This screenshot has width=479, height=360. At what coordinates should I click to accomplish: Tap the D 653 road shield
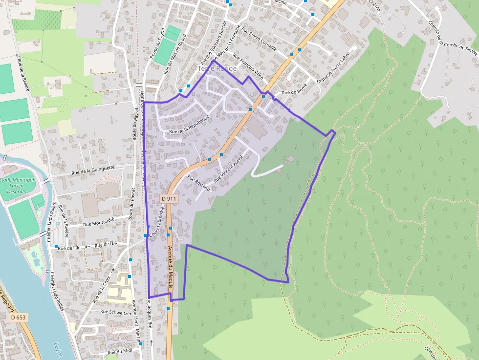18,317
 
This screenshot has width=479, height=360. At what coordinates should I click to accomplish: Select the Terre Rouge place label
218,69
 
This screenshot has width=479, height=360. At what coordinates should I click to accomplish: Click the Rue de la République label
189,125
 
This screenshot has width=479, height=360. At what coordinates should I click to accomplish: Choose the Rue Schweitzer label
116,311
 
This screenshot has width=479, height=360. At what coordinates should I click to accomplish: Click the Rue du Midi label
120,351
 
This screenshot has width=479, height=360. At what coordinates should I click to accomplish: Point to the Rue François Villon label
248,65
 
